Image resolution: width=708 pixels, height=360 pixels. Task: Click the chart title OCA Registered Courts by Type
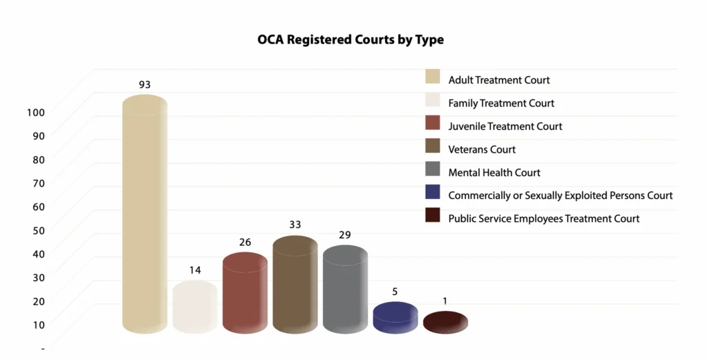click(x=351, y=39)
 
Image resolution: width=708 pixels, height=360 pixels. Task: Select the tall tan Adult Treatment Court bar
click(x=145, y=214)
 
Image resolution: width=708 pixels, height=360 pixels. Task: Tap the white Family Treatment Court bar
click(x=195, y=307)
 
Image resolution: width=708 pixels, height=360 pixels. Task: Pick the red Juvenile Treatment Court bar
click(x=245, y=294)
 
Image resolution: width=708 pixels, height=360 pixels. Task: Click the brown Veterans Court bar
click(x=295, y=285)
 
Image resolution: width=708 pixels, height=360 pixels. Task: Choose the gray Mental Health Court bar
click(x=345, y=290)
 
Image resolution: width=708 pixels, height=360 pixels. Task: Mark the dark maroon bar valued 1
click(x=445, y=323)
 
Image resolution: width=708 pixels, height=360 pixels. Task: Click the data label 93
click(x=145, y=84)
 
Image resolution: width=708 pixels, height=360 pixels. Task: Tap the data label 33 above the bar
click(x=295, y=225)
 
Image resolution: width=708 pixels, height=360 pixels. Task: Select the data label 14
click(x=195, y=269)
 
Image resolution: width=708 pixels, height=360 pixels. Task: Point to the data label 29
click(x=345, y=235)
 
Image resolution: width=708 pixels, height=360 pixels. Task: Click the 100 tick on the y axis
click(x=36, y=112)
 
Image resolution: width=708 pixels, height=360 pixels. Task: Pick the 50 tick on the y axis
click(x=38, y=229)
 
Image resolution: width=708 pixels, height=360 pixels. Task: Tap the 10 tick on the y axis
click(x=38, y=323)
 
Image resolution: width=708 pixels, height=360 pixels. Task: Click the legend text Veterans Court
click(x=482, y=149)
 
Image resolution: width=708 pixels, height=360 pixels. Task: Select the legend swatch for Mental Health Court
click(x=433, y=171)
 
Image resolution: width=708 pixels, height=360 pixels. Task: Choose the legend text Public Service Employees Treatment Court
click(x=543, y=218)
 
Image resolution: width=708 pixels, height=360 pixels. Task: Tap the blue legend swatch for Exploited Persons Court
click(x=433, y=194)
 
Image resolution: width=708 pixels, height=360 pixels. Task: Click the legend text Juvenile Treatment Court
click(x=505, y=126)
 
